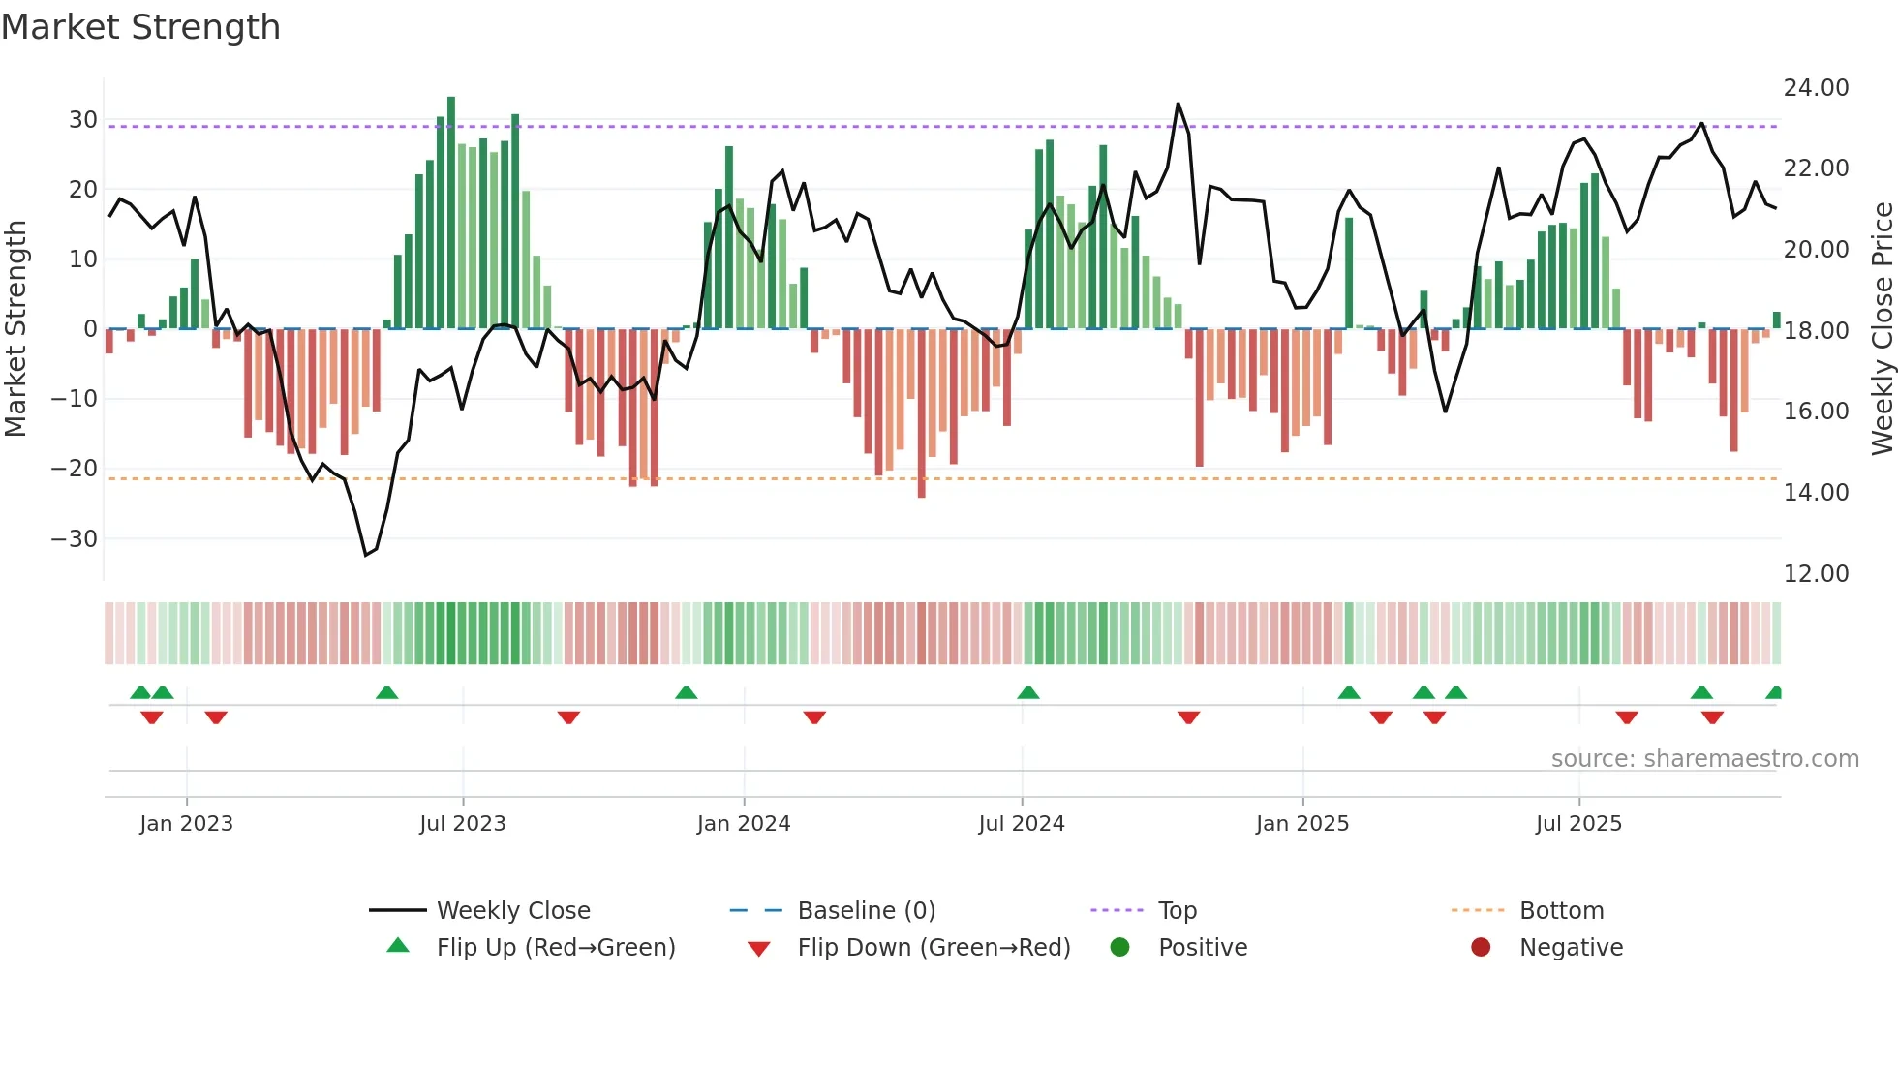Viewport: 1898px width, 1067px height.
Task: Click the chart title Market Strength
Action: [140, 27]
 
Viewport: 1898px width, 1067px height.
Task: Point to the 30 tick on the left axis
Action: [83, 120]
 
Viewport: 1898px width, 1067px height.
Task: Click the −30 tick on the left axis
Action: [76, 539]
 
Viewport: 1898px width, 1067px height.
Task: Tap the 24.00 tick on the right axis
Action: [1816, 88]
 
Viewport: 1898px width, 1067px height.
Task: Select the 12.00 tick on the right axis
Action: [1816, 574]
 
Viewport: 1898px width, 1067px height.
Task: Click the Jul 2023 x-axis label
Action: [463, 824]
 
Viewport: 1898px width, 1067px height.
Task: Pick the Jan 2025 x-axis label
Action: [1301, 824]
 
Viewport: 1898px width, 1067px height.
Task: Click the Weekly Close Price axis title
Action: [1882, 329]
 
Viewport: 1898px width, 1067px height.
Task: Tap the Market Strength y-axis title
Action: [15, 329]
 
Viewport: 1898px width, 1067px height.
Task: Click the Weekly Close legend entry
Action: [512, 911]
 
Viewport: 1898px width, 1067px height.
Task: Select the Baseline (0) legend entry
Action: [866, 911]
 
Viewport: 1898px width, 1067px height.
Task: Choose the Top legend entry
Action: [1177, 911]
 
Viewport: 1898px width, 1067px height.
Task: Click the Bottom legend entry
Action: [1561, 911]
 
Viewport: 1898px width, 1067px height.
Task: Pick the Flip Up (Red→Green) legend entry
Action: [555, 948]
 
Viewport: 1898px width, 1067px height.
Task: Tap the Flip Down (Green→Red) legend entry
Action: [934, 948]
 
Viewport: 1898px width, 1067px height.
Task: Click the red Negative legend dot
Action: [1481, 948]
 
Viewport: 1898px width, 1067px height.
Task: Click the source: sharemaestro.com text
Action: [1704, 759]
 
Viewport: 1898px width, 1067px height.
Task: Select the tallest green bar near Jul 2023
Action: [451, 213]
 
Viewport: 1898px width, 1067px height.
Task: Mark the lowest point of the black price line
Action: [366, 555]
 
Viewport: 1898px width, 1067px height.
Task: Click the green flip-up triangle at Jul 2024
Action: [1028, 693]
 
